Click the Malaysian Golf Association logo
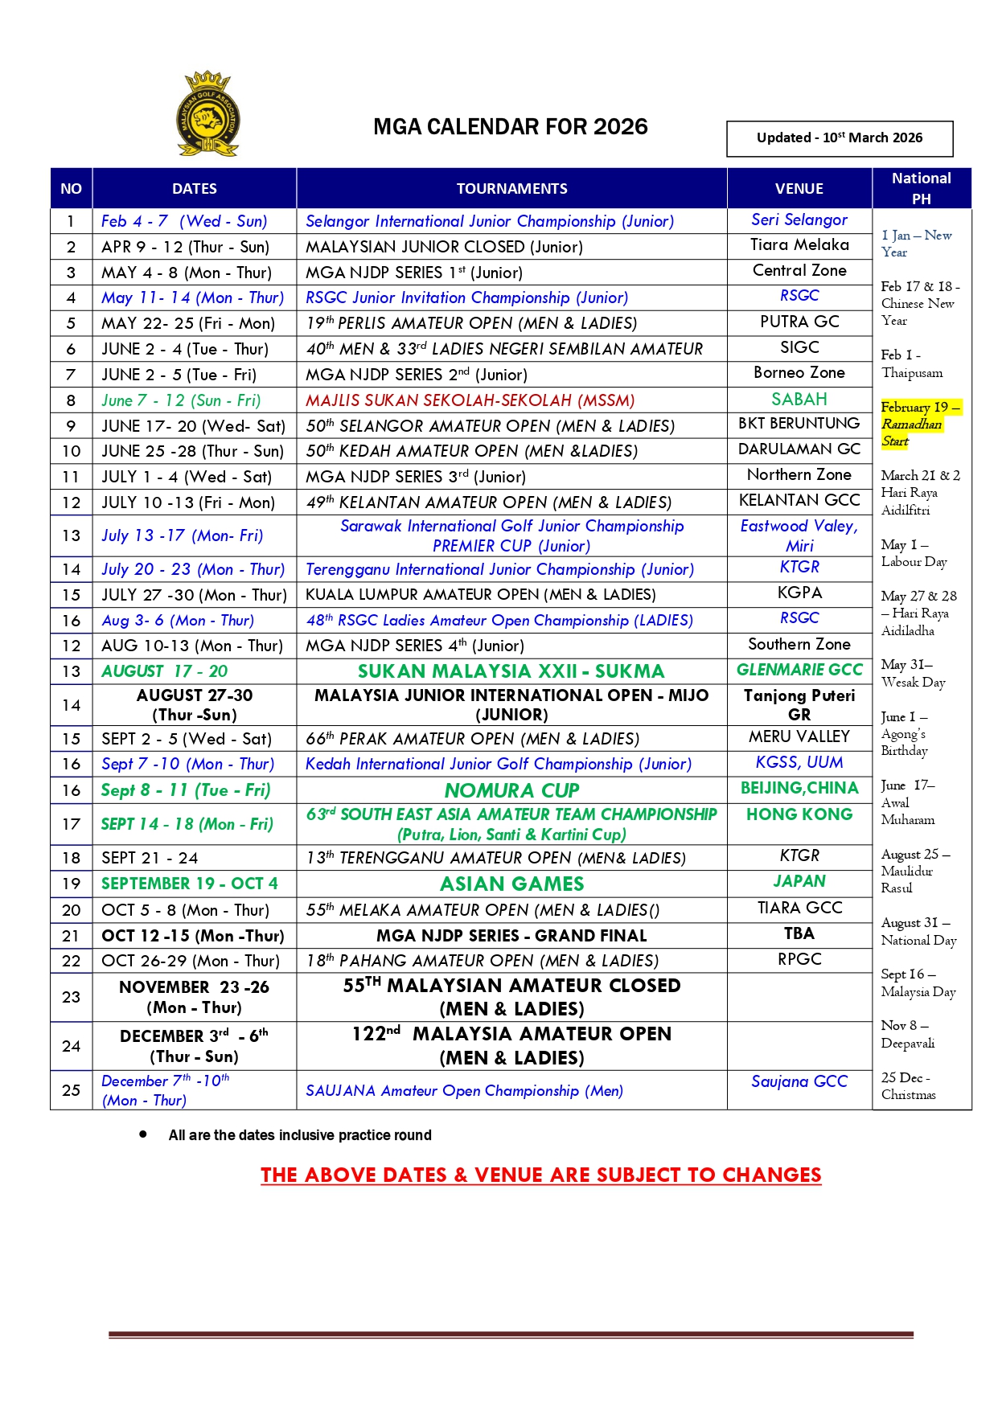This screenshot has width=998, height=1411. pyautogui.click(x=207, y=113)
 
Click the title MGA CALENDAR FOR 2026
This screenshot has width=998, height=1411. pyautogui.click(x=510, y=127)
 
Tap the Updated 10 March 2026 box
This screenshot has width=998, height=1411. pyautogui.click(x=839, y=138)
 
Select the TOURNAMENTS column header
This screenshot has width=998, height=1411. pyautogui.click(x=511, y=189)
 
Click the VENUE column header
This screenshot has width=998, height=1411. pyautogui.click(x=799, y=189)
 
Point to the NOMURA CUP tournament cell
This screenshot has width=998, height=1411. pyautogui.click(x=511, y=790)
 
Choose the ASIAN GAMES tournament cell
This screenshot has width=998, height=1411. pyautogui.click(x=511, y=884)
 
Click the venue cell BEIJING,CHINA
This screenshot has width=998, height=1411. pyautogui.click(x=799, y=788)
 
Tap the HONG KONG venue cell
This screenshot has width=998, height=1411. pyautogui.click(x=799, y=814)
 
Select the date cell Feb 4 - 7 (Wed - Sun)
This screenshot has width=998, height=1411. pyautogui.click(x=184, y=221)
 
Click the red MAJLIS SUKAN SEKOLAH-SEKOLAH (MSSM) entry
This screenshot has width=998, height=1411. pyautogui.click(x=470, y=400)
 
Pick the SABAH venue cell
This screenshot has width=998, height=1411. pyautogui.click(x=799, y=400)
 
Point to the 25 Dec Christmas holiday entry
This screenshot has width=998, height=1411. pyautogui.click(x=908, y=1085)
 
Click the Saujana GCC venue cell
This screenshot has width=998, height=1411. pyautogui.click(x=799, y=1081)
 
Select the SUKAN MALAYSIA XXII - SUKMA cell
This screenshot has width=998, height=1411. pyautogui.click(x=511, y=671)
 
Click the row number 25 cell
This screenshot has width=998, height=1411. pyautogui.click(x=72, y=1090)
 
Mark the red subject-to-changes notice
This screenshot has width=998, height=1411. pyautogui.click(x=540, y=1175)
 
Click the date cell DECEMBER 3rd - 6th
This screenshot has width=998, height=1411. pyautogui.click(x=194, y=1045)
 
